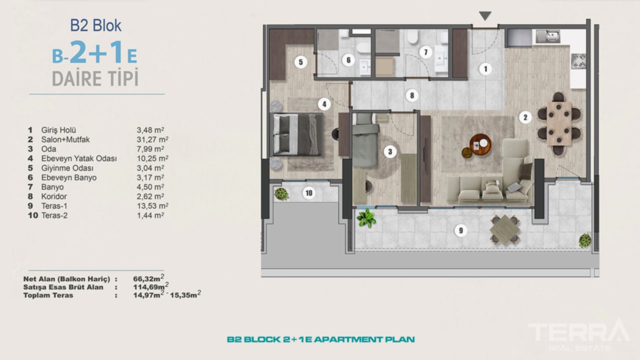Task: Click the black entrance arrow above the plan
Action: [x=485, y=16]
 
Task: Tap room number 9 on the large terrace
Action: [x=461, y=231]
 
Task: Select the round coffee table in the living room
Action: [x=480, y=144]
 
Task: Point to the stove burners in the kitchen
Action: [x=579, y=60]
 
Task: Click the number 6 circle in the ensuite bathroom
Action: [x=348, y=60]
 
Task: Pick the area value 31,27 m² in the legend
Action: [x=153, y=139]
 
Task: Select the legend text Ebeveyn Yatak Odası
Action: [x=79, y=159]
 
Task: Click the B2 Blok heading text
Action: [x=96, y=26]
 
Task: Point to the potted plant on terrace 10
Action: [x=281, y=194]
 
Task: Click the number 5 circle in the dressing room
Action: [x=300, y=62]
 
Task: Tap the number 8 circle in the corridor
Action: [x=412, y=95]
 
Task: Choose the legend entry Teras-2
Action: [x=54, y=215]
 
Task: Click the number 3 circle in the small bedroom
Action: [x=389, y=152]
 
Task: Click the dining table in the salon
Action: [x=559, y=123]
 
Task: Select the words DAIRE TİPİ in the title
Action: [x=95, y=78]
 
